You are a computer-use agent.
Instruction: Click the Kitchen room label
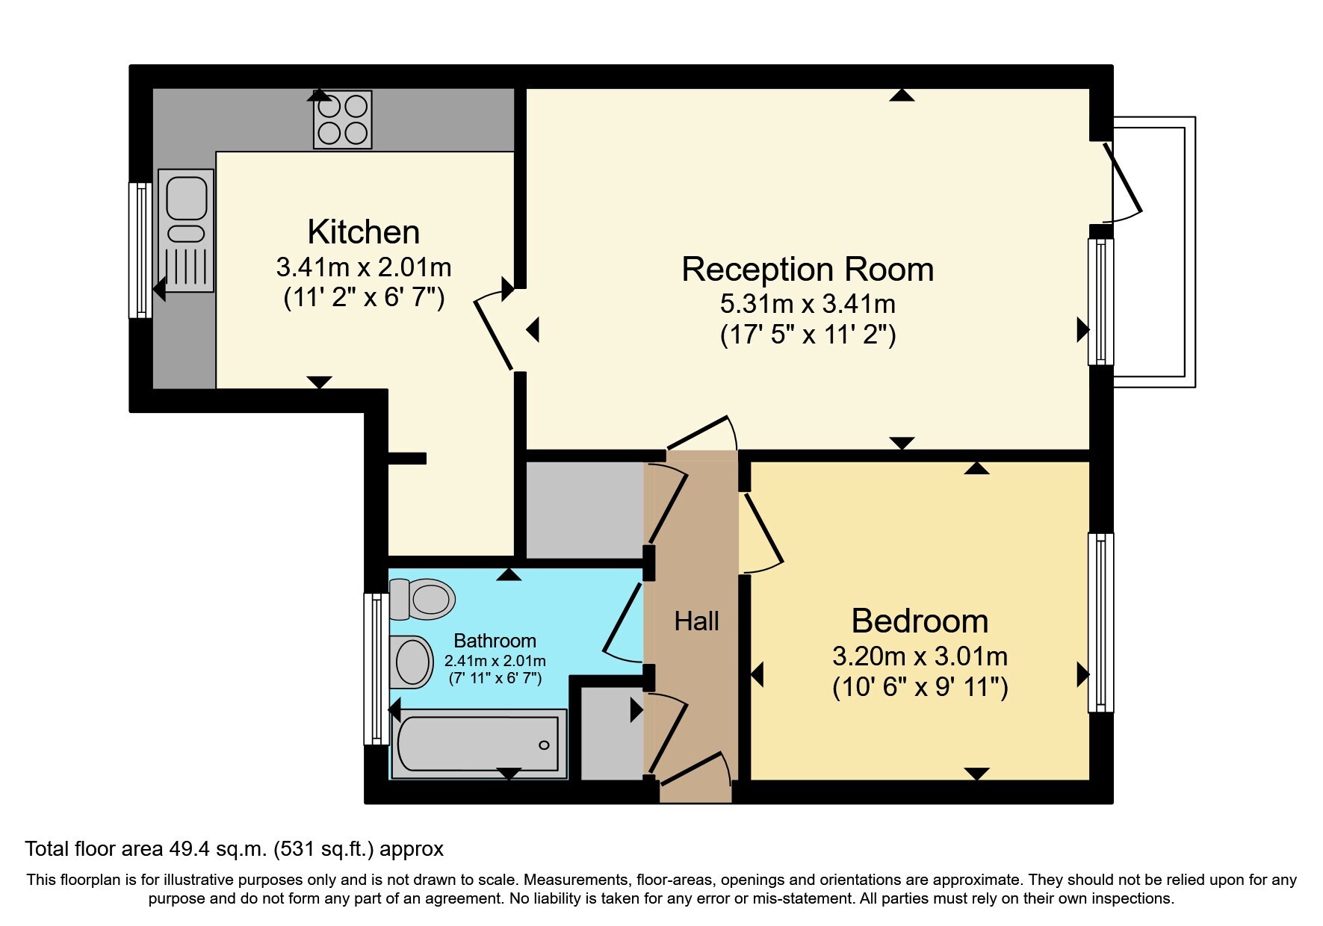[364, 232]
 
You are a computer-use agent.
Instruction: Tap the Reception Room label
[808, 270]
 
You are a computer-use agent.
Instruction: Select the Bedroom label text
[920, 621]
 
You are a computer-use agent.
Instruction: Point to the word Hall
[697, 621]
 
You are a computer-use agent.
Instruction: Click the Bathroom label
[495, 641]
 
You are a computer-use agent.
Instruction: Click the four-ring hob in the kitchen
[343, 119]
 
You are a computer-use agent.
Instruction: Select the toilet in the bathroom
[422, 598]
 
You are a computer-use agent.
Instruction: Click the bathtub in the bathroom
[478, 745]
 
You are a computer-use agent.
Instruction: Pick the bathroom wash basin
[412, 662]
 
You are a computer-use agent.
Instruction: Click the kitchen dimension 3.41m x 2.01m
[364, 267]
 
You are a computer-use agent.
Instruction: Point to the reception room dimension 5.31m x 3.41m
[808, 304]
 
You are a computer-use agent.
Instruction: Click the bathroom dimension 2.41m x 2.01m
[495, 661]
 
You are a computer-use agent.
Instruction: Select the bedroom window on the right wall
[1100, 622]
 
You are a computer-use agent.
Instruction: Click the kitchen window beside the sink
[140, 250]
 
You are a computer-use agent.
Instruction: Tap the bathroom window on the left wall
[376, 669]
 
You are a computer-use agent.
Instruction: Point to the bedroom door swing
[761, 532]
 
